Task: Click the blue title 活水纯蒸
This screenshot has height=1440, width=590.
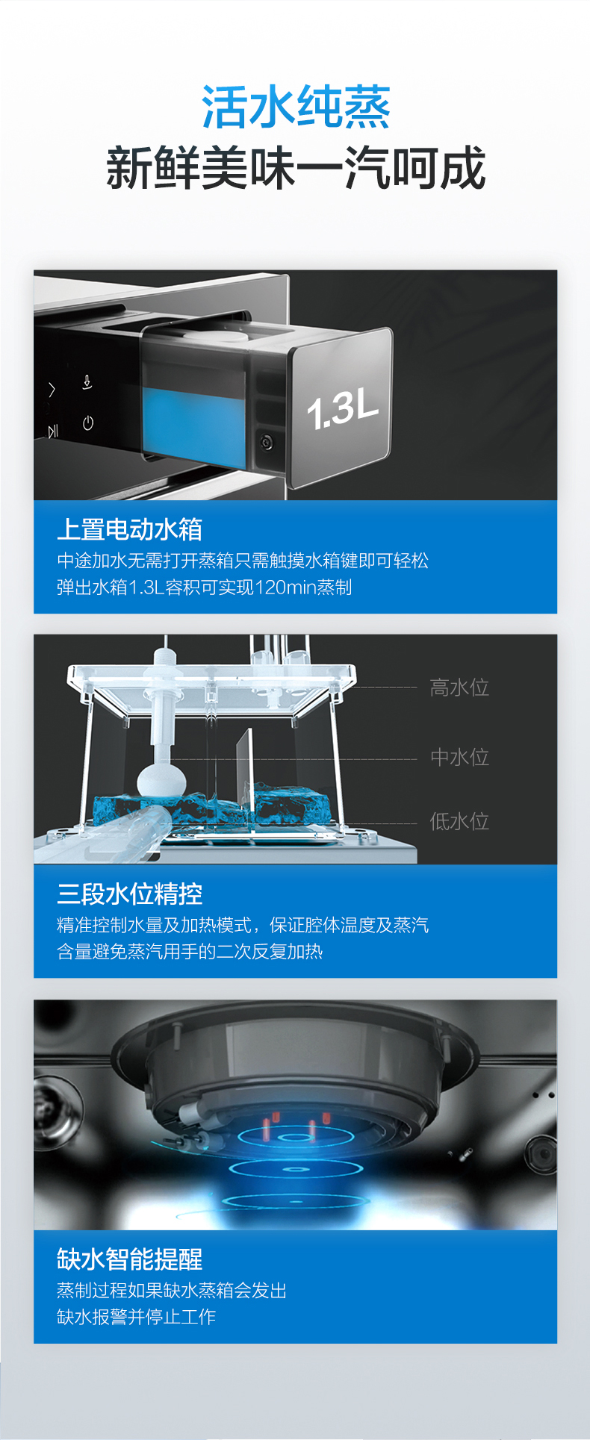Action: click(x=296, y=107)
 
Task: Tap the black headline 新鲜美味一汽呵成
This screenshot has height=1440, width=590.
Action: click(x=296, y=167)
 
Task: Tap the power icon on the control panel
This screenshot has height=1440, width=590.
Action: click(x=88, y=423)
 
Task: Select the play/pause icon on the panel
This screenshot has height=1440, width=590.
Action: click(x=53, y=431)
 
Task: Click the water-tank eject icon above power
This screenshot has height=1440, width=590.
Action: click(x=87, y=383)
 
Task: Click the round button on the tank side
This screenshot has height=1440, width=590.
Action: click(x=267, y=442)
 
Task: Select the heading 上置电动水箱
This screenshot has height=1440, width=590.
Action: click(x=129, y=529)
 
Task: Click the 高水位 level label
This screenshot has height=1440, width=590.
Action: click(x=459, y=688)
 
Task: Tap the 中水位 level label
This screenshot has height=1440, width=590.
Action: click(x=459, y=757)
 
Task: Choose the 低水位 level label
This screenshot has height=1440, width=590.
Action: click(x=459, y=821)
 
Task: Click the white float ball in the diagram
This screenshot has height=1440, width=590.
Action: click(x=161, y=781)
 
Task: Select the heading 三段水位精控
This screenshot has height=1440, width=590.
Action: click(x=129, y=894)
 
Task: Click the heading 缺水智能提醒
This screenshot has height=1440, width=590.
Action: click(x=129, y=1259)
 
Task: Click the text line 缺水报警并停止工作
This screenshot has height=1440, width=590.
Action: click(x=137, y=1316)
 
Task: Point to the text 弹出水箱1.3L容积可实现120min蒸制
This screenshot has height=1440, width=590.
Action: click(x=204, y=587)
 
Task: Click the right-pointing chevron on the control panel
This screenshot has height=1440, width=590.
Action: click(x=52, y=389)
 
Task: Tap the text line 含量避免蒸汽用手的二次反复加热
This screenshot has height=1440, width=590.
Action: click(x=190, y=952)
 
